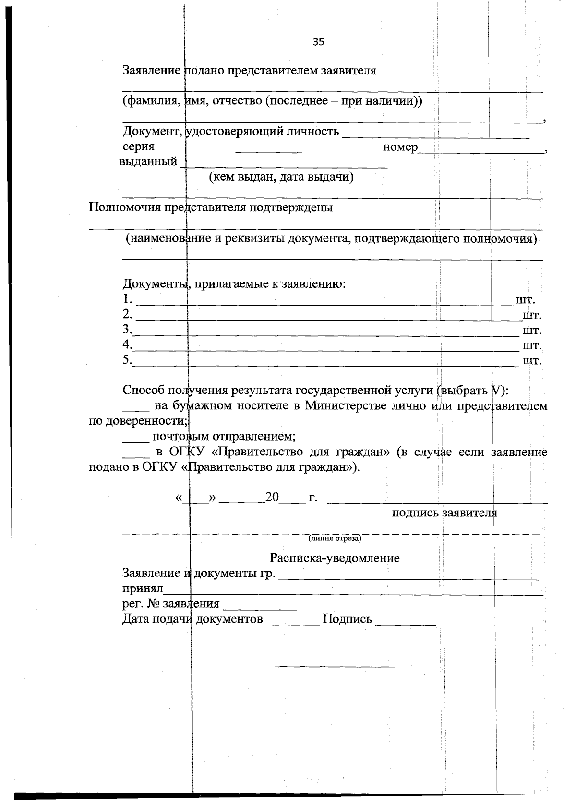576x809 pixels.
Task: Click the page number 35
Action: tap(318, 42)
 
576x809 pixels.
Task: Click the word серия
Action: tap(138, 147)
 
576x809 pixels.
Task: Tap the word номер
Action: tap(400, 147)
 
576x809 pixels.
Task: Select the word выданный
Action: tap(148, 161)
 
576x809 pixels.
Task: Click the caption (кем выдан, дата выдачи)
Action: tap(281, 177)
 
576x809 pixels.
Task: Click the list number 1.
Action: tap(127, 299)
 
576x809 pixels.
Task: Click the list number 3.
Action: tap(127, 330)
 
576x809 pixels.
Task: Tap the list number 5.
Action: tap(127, 360)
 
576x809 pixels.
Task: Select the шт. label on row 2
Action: tap(531, 316)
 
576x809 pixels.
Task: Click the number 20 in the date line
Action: tap(272, 497)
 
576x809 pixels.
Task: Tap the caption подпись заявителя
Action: tap(444, 513)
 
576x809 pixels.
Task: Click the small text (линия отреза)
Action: tap(335, 539)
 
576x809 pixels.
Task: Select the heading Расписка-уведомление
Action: tap(334, 558)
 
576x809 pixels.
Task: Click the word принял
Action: tap(143, 588)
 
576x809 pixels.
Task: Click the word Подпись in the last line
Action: tap(347, 619)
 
